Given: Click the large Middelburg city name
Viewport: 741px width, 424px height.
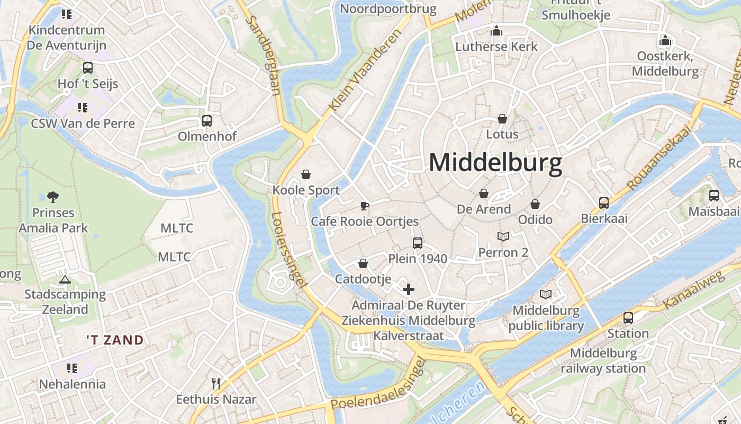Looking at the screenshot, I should tap(495, 163).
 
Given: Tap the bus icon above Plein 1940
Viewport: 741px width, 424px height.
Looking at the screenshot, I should tap(418, 243).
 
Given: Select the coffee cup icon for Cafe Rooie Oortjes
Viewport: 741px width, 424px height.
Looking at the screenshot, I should tap(364, 206).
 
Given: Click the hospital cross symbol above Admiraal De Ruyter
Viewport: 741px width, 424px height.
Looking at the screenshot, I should tap(408, 289).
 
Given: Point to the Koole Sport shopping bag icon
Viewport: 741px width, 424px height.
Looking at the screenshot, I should tap(305, 174).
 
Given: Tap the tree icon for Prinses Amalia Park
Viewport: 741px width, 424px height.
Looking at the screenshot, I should tap(52, 197).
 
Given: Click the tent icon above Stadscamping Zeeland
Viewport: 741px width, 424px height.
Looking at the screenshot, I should tap(65, 279).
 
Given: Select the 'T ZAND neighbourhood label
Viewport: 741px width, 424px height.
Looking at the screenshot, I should tap(115, 340).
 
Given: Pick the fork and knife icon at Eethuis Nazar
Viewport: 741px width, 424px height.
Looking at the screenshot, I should tap(215, 383).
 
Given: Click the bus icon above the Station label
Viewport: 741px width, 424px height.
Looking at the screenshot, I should tap(628, 318).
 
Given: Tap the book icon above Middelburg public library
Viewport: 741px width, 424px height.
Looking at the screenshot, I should tap(546, 294).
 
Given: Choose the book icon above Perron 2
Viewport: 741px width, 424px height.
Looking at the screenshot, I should tap(503, 236).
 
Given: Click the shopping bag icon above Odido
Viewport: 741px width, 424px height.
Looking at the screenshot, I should tap(535, 204).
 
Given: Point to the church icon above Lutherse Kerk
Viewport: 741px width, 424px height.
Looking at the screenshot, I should tap(496, 31).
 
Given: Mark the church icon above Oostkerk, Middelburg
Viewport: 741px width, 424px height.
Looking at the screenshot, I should tap(665, 40).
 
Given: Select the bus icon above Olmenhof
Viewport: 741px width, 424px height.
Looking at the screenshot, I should tap(206, 121).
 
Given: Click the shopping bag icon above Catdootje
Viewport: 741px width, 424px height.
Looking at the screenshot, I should tap(363, 263).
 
